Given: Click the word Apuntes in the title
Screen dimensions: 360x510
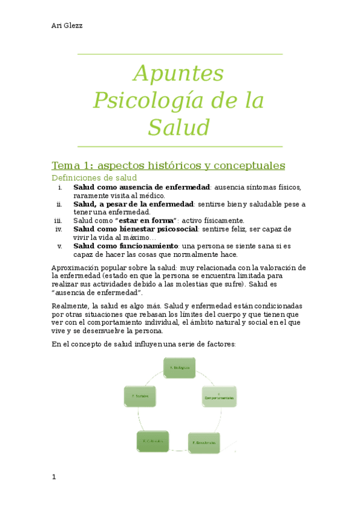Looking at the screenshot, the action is (179, 73).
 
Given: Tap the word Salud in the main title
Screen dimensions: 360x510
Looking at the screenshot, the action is (179, 127).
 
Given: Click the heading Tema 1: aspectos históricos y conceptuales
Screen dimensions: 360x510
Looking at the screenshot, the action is (168, 165).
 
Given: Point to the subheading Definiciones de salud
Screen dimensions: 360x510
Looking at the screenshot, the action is (94, 178).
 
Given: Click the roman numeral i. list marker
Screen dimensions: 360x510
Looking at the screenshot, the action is (59, 187).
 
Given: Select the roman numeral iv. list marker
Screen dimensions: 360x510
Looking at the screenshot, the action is (58, 229).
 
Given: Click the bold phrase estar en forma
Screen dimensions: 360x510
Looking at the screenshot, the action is (147, 221).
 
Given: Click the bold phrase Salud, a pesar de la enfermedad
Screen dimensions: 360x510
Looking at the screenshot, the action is (133, 204).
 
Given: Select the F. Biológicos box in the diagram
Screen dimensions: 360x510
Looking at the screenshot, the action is (179, 367).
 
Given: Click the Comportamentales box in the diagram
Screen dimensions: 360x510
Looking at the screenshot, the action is (219, 397).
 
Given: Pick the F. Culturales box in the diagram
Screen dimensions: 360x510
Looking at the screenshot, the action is (153, 441).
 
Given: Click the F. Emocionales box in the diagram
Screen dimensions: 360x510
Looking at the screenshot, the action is (204, 442).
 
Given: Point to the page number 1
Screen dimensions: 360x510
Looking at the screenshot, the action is (54, 477).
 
